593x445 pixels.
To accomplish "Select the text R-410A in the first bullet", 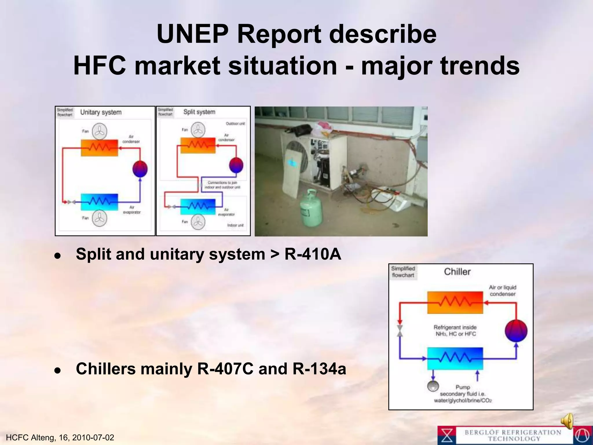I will (313, 254).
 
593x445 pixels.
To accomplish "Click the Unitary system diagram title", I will (101, 112).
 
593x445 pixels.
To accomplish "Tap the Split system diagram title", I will (199, 112).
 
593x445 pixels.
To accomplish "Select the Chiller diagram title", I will (457, 272).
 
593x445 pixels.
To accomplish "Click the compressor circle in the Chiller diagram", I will (516, 331).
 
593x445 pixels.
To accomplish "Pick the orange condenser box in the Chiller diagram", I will (455, 302).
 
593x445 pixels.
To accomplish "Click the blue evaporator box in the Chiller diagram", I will (455, 359).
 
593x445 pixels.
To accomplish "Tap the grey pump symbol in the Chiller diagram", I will (433, 386).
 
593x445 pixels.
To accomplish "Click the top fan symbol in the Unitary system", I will (100, 131).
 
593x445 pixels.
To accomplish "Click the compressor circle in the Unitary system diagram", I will (140, 169).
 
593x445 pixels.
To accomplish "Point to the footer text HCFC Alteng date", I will (60, 437).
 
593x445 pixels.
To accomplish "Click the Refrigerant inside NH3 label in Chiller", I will (455, 331).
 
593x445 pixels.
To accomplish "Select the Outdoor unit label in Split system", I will (235, 124).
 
